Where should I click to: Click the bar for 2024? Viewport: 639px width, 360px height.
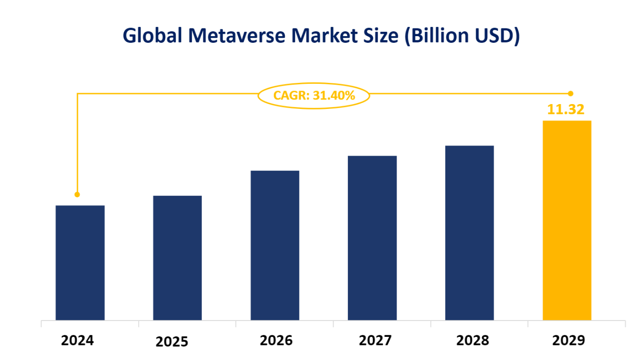point(80,263)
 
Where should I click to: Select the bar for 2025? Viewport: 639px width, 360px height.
point(177,258)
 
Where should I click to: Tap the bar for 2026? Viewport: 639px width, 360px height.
point(275,245)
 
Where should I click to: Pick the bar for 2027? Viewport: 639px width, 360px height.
point(372,238)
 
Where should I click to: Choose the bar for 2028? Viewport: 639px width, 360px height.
point(469,233)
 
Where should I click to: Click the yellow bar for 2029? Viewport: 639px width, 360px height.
point(567,220)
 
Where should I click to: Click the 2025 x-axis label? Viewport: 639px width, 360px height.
point(172,342)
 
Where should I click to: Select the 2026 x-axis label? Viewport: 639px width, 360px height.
point(276,340)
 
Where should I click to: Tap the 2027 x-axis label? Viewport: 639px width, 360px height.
point(375,340)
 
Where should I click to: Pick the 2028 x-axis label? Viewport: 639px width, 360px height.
point(473,340)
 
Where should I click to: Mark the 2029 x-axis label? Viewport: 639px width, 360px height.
point(568,340)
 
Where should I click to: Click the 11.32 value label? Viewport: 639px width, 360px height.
point(566,109)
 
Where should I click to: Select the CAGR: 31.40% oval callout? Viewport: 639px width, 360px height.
point(314,95)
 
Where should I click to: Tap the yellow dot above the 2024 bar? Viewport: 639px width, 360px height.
point(77,194)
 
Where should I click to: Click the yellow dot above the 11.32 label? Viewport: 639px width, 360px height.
point(571,93)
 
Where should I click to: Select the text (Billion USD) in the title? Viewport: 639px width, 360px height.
point(462,36)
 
